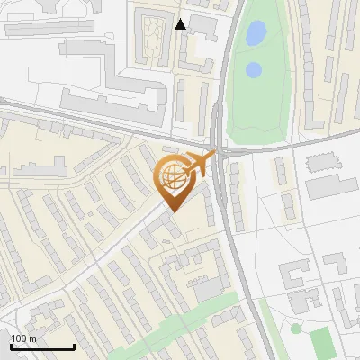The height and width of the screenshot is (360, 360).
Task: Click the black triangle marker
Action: tap(181, 24)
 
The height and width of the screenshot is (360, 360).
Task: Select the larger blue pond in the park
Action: tap(256, 34)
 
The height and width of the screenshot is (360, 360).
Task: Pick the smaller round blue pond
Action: tap(254, 69)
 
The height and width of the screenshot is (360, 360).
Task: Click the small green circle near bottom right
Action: tap(296, 328)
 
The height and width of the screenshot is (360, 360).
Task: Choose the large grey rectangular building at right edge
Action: tap(331, 187)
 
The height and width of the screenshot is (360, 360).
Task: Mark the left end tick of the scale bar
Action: tap(11, 345)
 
